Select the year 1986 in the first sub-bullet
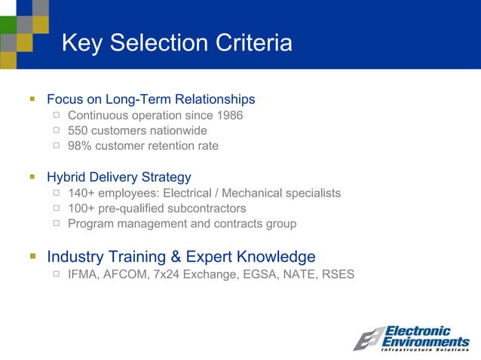point(229,115)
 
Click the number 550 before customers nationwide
point(78,130)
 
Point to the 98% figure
point(80,145)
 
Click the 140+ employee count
point(82,194)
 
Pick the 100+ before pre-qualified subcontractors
point(82,209)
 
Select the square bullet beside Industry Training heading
point(32,256)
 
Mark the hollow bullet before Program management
point(57,224)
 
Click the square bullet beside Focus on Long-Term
point(32,99)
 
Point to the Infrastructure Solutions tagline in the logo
point(424,349)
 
